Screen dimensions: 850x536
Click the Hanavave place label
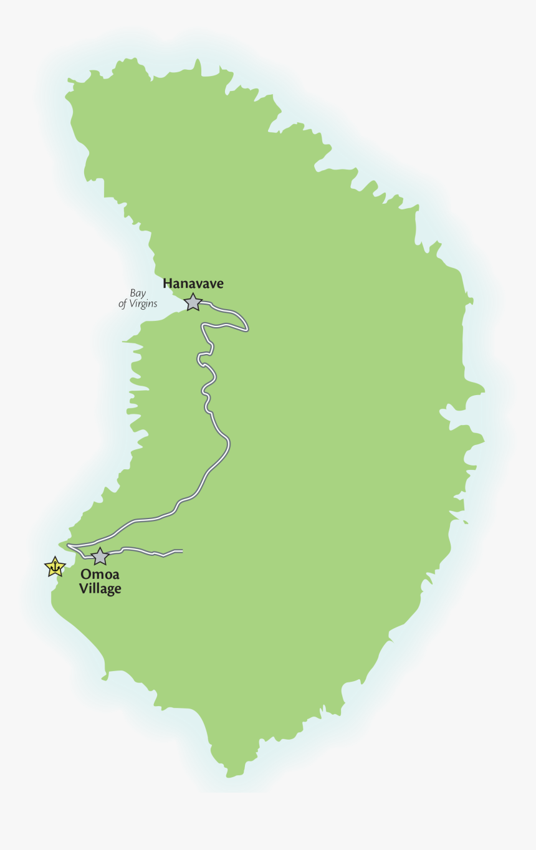[x=193, y=284]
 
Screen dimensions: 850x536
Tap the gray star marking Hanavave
[x=193, y=302]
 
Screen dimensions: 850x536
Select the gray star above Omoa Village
[x=100, y=556]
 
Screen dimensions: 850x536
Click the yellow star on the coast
[x=55, y=566]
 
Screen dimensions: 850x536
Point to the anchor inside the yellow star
[x=55, y=567]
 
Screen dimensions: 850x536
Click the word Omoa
[x=100, y=575]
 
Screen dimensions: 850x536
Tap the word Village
[x=100, y=588]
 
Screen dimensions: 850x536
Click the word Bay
[x=138, y=293]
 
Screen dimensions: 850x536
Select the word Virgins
[x=143, y=304]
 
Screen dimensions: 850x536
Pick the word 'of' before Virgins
[x=123, y=304]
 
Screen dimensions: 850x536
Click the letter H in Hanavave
[x=168, y=284]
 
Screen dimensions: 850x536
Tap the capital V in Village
[x=84, y=588]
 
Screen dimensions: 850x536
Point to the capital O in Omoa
[x=86, y=575]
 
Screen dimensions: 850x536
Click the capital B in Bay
[x=133, y=293]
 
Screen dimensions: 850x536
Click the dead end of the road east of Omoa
[x=181, y=552]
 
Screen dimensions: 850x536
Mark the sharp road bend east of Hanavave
[x=247, y=328]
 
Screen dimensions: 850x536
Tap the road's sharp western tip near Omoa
[x=67, y=546]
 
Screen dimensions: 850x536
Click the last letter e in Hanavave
[x=219, y=284]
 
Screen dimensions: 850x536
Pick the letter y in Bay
[x=143, y=294]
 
